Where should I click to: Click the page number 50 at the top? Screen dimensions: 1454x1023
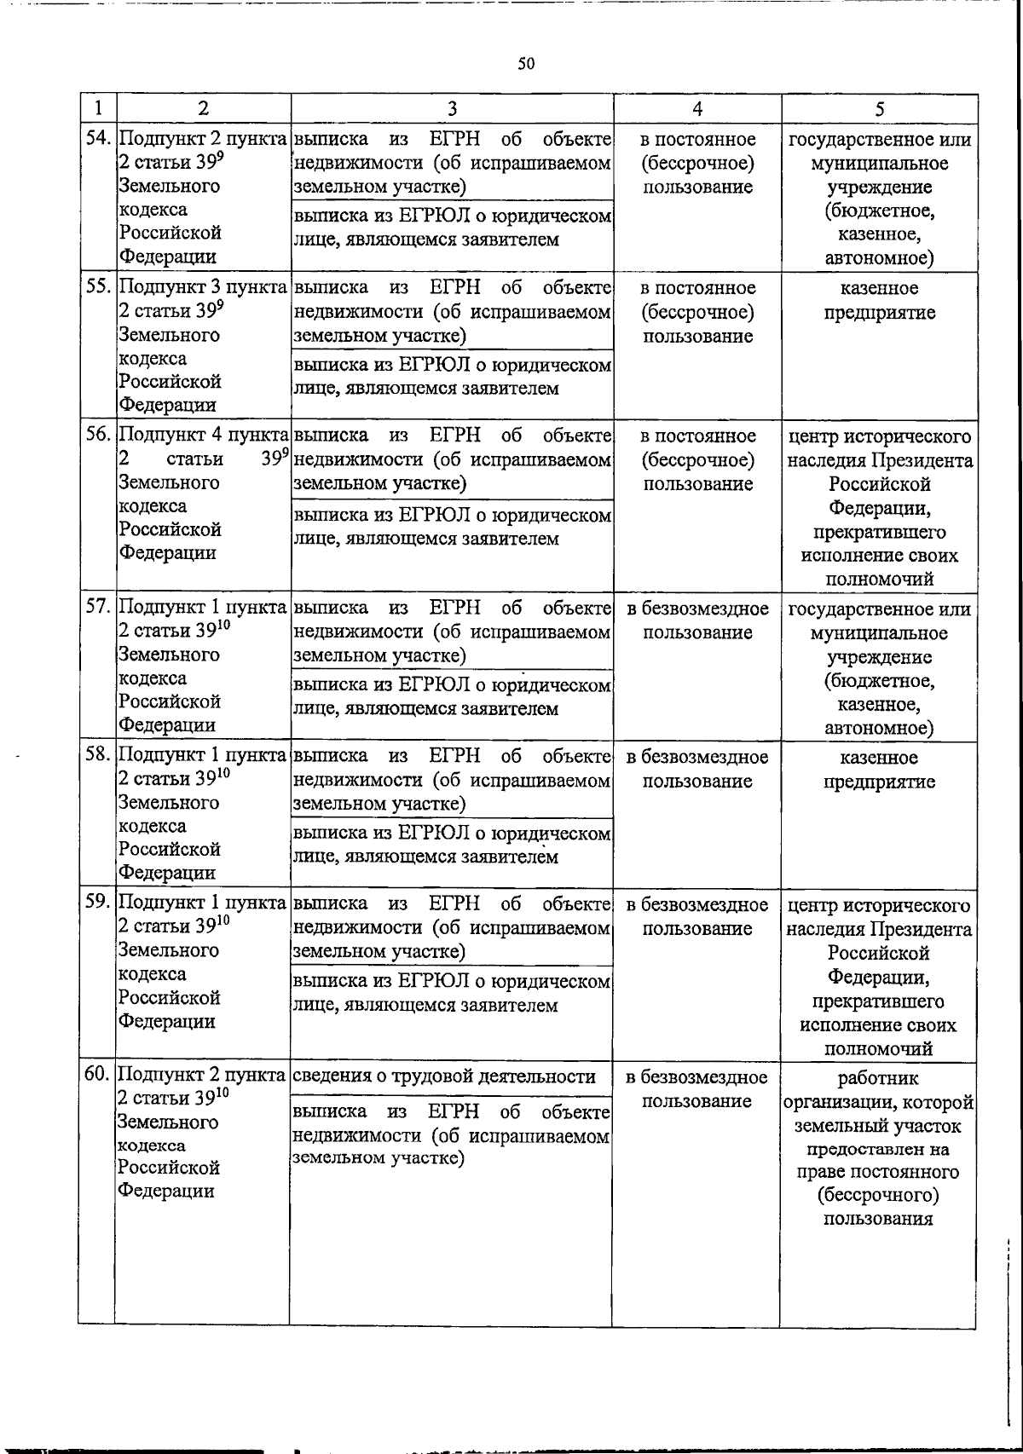click(525, 64)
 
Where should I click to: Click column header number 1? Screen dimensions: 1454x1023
click(99, 108)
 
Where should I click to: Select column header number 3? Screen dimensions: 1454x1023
click(452, 108)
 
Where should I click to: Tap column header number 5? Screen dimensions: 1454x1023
click(879, 108)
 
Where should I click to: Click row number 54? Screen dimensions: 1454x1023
click(99, 139)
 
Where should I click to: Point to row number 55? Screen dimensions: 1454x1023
click(99, 288)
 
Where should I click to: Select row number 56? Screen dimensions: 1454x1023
click(99, 436)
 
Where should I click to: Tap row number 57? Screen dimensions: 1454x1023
click(99, 608)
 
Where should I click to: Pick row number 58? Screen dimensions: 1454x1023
click(99, 756)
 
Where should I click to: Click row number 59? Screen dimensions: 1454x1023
click(99, 903)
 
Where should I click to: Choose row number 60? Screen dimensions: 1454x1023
click(99, 1076)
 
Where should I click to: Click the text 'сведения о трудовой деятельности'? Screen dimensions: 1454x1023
click(443, 1076)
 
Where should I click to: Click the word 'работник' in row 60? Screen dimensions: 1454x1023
click(878, 1079)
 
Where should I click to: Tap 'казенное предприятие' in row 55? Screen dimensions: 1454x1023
click(879, 300)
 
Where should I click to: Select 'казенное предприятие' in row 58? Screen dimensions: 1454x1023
click(879, 770)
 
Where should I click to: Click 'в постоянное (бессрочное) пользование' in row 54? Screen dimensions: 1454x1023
click(697, 163)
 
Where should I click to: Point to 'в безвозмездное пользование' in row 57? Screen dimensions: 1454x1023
click(697, 620)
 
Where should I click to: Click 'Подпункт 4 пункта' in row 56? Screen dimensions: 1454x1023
click(203, 436)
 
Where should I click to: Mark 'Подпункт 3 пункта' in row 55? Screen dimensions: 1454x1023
click(203, 288)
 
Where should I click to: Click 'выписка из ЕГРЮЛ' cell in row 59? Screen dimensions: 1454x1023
click(452, 994)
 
